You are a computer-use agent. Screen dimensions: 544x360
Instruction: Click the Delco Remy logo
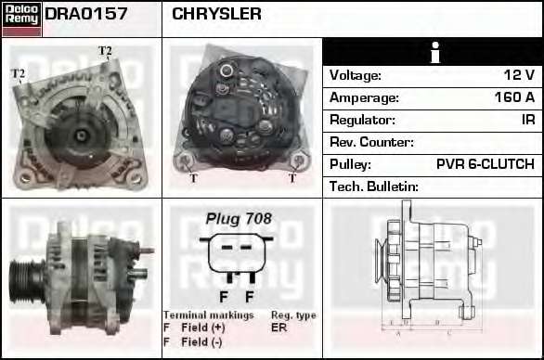pos(22,19)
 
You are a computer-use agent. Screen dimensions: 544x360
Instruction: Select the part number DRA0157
pos(86,14)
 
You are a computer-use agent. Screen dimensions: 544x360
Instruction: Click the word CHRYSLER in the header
pos(216,14)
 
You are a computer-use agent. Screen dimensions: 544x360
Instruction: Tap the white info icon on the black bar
pos(435,52)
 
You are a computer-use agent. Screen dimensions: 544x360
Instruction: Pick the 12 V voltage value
pos(519,75)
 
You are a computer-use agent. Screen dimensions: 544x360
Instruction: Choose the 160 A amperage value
pos(514,97)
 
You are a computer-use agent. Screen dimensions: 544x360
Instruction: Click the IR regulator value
pos(528,120)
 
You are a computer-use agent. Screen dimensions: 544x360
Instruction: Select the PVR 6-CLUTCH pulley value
pos(486,164)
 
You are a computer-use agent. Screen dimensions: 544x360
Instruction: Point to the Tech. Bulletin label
pos(374,186)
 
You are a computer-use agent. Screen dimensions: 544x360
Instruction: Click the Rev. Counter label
pos(371,142)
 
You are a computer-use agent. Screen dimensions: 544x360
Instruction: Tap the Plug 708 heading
pos(239,219)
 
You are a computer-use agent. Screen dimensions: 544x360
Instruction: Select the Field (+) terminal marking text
pos(203,328)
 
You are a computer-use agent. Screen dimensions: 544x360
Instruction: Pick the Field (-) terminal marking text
pos(201,342)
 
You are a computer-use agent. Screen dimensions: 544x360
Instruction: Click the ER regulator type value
pos(278,328)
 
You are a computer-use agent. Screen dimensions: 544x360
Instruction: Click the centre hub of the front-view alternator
pos(81,135)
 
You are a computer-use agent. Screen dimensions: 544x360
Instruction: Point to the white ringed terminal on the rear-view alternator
pos(227,71)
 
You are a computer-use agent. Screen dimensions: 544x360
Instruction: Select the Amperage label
pos(364,97)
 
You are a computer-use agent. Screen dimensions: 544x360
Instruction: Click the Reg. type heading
pos(293,315)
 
